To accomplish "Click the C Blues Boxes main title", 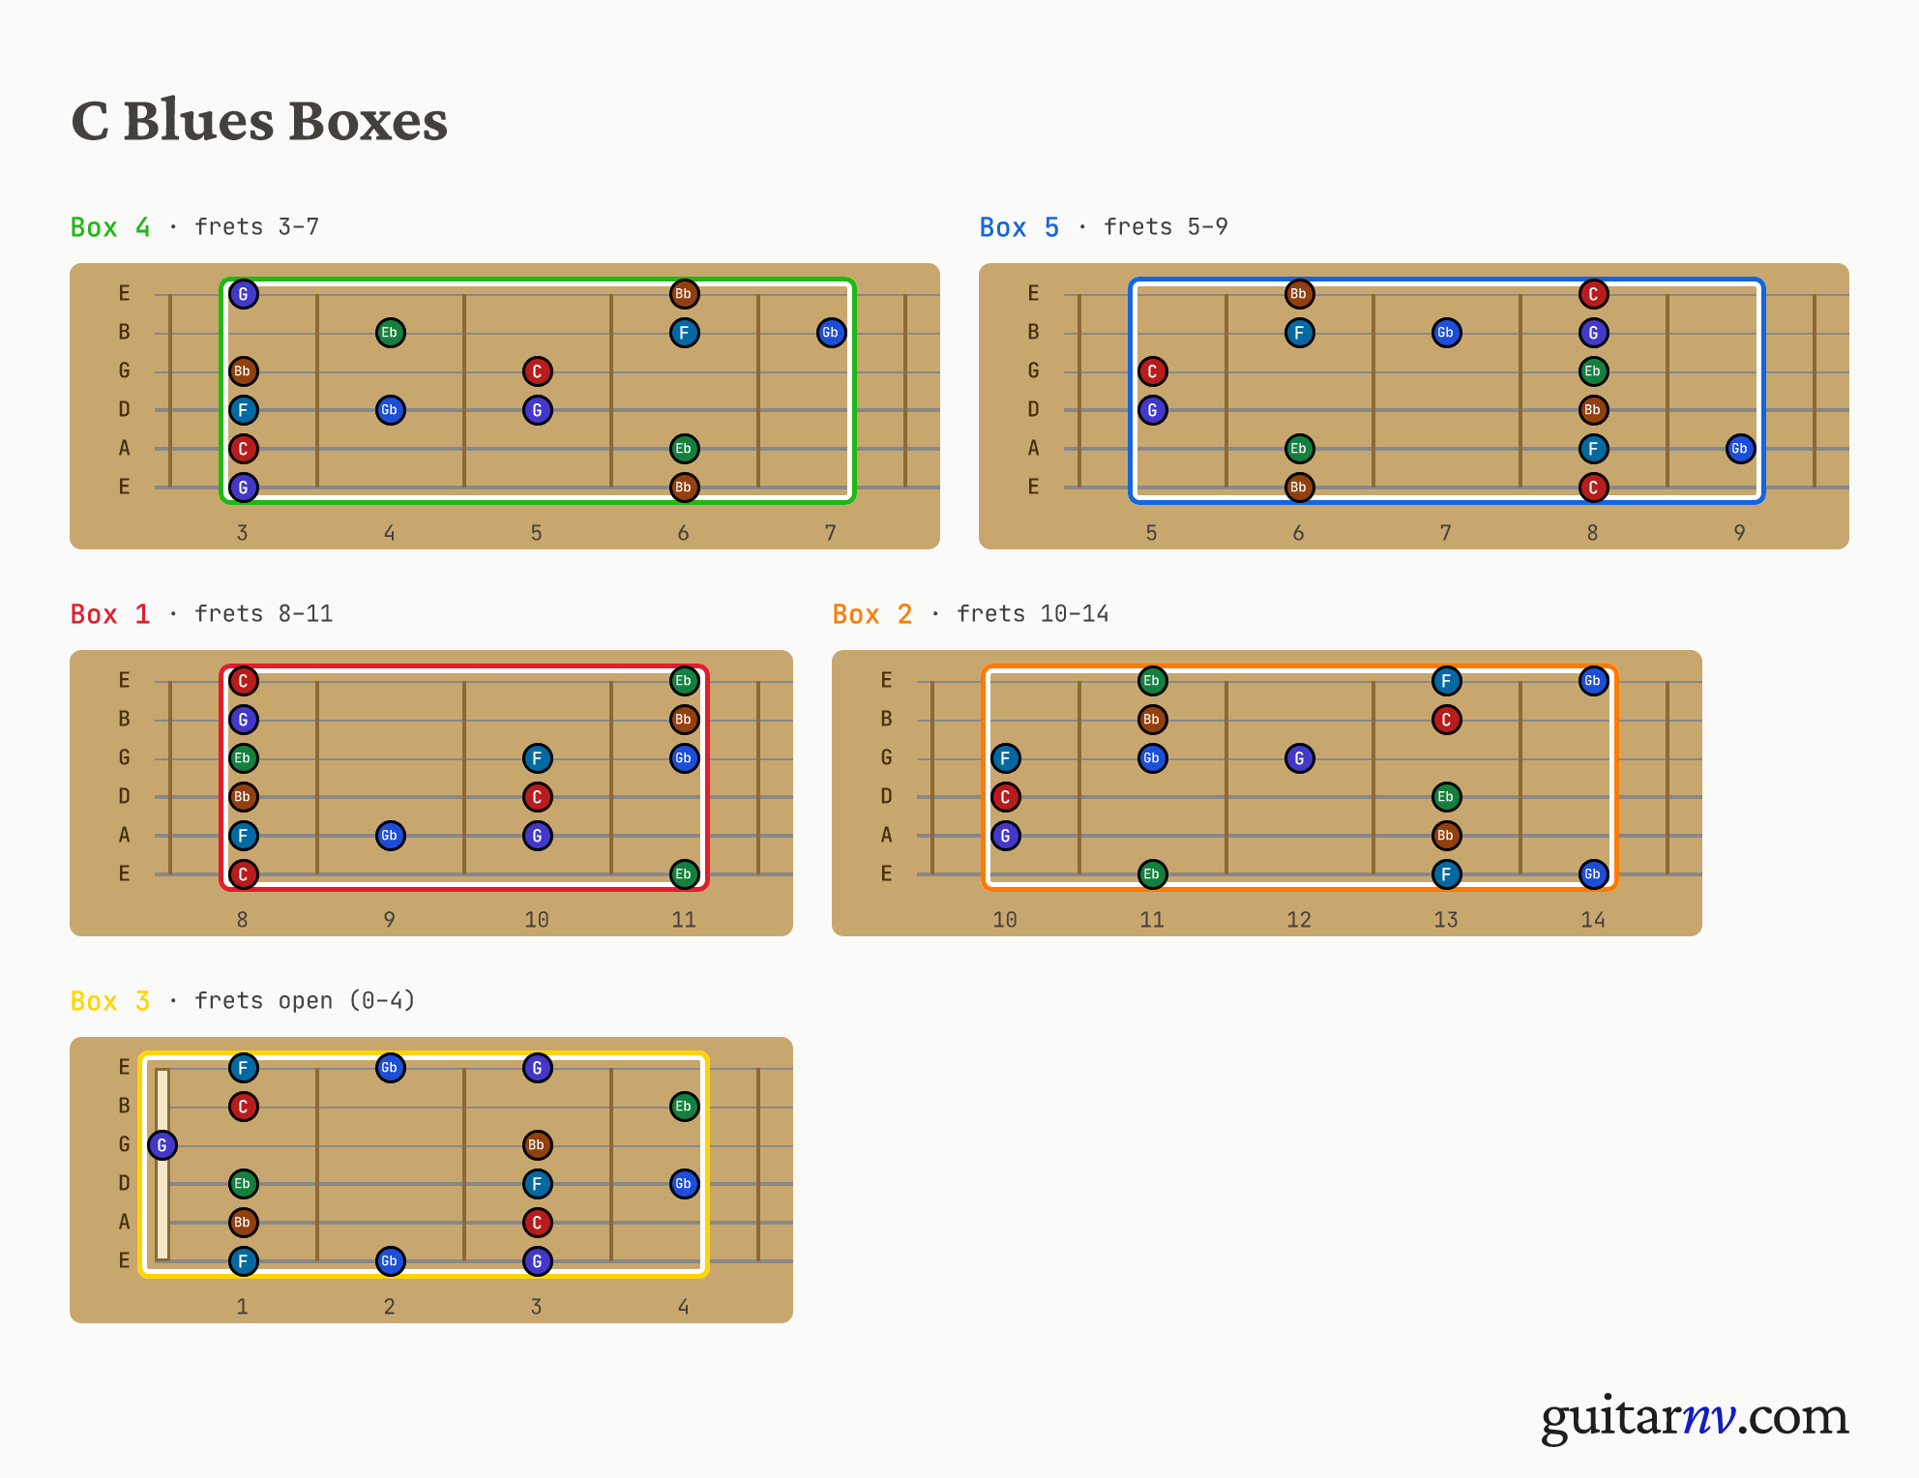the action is click(259, 121).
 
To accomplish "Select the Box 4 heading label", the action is click(110, 227).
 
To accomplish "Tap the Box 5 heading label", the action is click(1019, 227).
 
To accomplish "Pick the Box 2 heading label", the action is click(872, 614).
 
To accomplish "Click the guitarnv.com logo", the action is click(1695, 1417).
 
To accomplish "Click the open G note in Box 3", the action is click(162, 1145).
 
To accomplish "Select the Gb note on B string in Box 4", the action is click(831, 333).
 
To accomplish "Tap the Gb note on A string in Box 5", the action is click(1740, 449).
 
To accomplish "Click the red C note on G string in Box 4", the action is click(538, 371).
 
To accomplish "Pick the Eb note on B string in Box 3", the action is click(684, 1107).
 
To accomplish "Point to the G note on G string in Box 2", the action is click(1300, 758).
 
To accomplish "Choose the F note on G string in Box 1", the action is click(538, 758).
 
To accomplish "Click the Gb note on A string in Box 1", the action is click(390, 836).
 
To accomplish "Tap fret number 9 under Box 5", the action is click(1740, 533).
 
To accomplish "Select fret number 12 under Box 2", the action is click(1299, 920).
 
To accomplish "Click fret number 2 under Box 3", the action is click(390, 1307).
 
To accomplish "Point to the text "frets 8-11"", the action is click(264, 614).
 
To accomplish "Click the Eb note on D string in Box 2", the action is click(1446, 797).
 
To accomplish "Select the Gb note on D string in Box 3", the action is click(684, 1184).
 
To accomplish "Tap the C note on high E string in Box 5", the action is click(1593, 294).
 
